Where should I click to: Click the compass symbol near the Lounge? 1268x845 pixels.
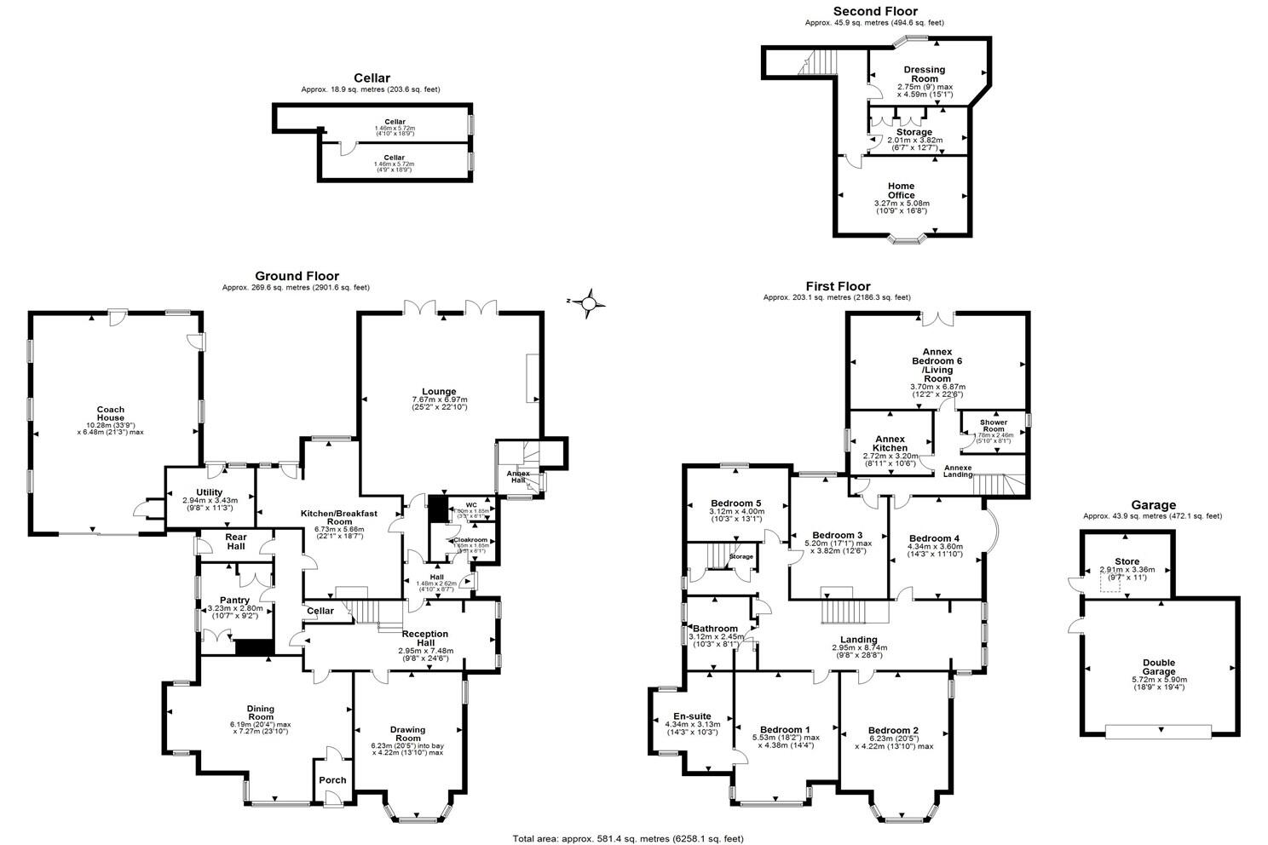point(589,302)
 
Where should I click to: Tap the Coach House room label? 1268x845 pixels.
point(110,414)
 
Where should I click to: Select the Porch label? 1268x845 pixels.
point(332,780)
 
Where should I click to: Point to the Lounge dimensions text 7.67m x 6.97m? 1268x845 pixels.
point(440,400)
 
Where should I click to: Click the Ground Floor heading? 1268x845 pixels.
point(297,276)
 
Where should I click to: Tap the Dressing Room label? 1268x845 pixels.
point(925,74)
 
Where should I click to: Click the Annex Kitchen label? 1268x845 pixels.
point(890,443)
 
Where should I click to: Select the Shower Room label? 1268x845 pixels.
point(994,425)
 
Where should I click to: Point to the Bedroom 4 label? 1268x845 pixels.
point(934,538)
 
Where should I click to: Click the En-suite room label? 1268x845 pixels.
point(692,716)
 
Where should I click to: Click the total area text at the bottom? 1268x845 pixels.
point(627,838)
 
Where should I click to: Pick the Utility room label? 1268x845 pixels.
point(209,491)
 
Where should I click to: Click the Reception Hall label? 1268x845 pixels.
point(425,638)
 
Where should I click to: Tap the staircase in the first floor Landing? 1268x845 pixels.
point(844,611)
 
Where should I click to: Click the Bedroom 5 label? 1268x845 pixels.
point(736,503)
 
